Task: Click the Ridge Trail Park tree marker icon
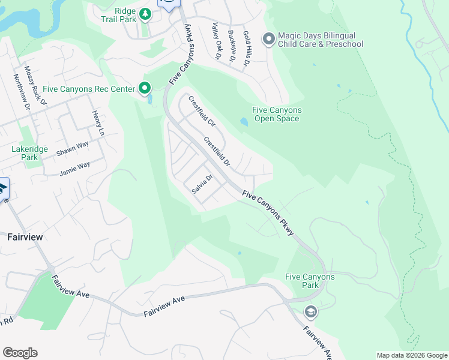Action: tap(145, 13)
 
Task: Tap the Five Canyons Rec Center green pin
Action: tap(145, 89)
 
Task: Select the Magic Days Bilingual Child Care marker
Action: tap(268, 40)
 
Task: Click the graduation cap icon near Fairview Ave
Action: tap(310, 311)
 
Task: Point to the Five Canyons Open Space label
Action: tap(277, 114)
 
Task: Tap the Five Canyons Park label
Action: tap(310, 281)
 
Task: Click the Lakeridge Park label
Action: tap(25, 153)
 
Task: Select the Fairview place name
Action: tap(25, 237)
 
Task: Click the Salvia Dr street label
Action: tap(202, 184)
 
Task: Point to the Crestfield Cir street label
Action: tap(202, 111)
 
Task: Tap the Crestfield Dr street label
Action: tap(217, 152)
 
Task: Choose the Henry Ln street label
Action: tap(98, 123)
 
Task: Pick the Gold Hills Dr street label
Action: tap(246, 48)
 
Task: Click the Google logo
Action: tap(20, 353)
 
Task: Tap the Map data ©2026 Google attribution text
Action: tap(411, 355)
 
